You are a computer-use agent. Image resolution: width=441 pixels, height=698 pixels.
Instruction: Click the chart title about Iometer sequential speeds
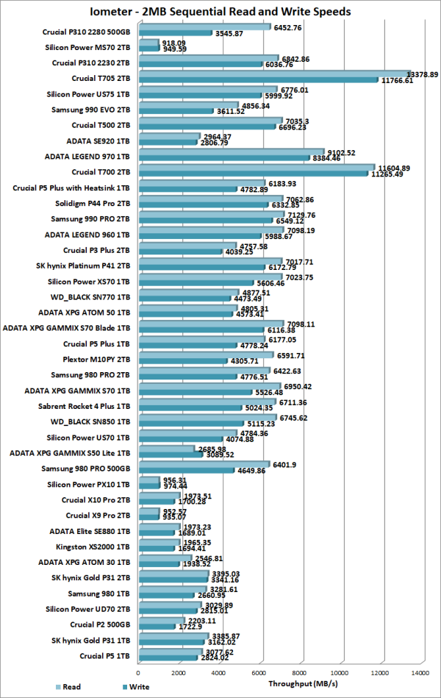click(x=220, y=11)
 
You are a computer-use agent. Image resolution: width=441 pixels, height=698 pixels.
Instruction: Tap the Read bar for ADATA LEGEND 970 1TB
click(x=230, y=152)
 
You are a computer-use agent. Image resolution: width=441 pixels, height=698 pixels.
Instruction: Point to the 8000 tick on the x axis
click(x=299, y=672)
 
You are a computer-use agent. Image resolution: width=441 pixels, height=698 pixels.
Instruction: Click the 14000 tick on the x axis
click(x=420, y=672)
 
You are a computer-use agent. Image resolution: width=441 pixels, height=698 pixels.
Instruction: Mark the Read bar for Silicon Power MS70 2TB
click(x=148, y=43)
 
